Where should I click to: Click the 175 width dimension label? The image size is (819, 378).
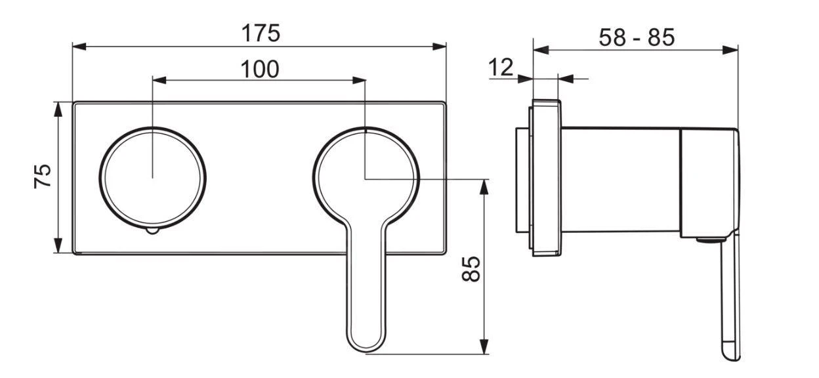[261, 33]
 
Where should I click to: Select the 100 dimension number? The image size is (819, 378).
[260, 69]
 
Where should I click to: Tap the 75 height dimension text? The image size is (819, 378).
[43, 177]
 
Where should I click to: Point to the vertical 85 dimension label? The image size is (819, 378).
[471, 268]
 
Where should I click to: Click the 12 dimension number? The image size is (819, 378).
[501, 68]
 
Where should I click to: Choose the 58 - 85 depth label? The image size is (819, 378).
[637, 37]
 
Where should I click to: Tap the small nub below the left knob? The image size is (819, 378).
[152, 231]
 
